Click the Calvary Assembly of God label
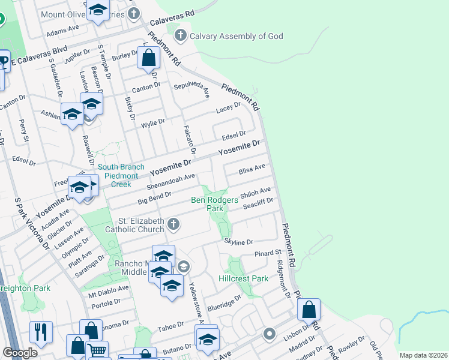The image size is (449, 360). [x=236, y=36]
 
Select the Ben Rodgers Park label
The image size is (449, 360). [x=215, y=204]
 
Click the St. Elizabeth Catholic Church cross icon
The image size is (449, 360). [x=173, y=225]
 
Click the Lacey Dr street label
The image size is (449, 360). [x=228, y=108]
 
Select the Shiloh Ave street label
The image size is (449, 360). [x=256, y=193]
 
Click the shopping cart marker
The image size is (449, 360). [x=97, y=350]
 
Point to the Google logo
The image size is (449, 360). [x=20, y=353]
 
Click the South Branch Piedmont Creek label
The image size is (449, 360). [x=121, y=176]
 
